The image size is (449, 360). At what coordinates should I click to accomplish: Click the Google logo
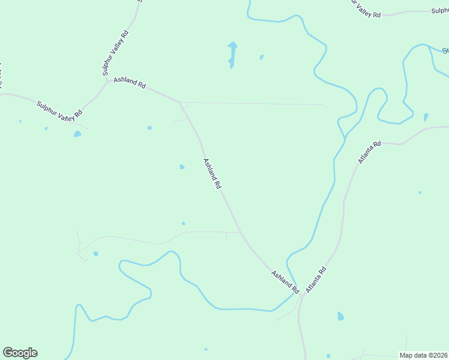click(20, 353)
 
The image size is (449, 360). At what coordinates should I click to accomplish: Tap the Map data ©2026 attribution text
click(424, 355)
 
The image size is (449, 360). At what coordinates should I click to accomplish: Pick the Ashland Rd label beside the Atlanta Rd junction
click(285, 282)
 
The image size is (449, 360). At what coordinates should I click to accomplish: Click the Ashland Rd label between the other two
click(212, 174)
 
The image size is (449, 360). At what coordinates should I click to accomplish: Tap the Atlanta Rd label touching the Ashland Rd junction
click(315, 280)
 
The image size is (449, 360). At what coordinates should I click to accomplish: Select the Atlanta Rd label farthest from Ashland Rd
click(369, 152)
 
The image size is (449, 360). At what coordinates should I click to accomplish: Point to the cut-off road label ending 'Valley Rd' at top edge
click(366, 8)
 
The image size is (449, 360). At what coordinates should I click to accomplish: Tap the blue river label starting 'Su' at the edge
click(445, 50)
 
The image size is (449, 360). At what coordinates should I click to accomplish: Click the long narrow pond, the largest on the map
click(232, 53)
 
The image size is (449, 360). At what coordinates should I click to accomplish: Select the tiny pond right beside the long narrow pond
click(261, 57)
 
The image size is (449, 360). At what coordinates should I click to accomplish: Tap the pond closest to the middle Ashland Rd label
click(182, 167)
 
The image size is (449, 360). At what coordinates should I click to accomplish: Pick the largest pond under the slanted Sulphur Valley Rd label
click(77, 134)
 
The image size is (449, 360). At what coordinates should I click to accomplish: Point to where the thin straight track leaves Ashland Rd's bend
click(179, 102)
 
